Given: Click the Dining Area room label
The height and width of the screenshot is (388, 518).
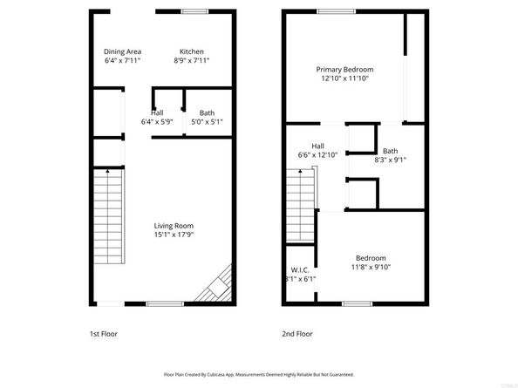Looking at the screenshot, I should coord(122,51).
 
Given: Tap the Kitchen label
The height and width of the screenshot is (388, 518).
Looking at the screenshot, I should coord(192,51).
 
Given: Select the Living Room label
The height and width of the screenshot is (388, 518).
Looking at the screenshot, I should coord(174,226).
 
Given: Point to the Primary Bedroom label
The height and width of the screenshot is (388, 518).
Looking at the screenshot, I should coord(344,70).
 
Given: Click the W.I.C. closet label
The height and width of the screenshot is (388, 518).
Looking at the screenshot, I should coord(299,269).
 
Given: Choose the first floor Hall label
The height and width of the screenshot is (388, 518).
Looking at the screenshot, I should coord(157,112).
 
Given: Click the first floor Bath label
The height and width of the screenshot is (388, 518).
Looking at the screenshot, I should coord(207,112).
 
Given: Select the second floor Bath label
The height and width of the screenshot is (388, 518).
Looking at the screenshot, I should coord(390,151).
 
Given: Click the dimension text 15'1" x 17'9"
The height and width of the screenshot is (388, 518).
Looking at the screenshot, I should coord(174,235).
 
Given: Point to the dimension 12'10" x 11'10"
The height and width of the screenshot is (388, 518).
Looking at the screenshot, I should coord(344,78).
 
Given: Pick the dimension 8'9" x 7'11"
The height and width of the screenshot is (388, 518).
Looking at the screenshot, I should coord(192,60).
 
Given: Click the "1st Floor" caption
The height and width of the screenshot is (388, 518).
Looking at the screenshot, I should coord(103,333).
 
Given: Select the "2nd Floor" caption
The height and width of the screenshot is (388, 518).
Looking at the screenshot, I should coord(297,333).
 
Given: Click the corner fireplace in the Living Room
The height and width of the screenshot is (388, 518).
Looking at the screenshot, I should coord(220,284).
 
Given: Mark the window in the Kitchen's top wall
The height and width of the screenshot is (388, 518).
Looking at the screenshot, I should coord(194,10).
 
